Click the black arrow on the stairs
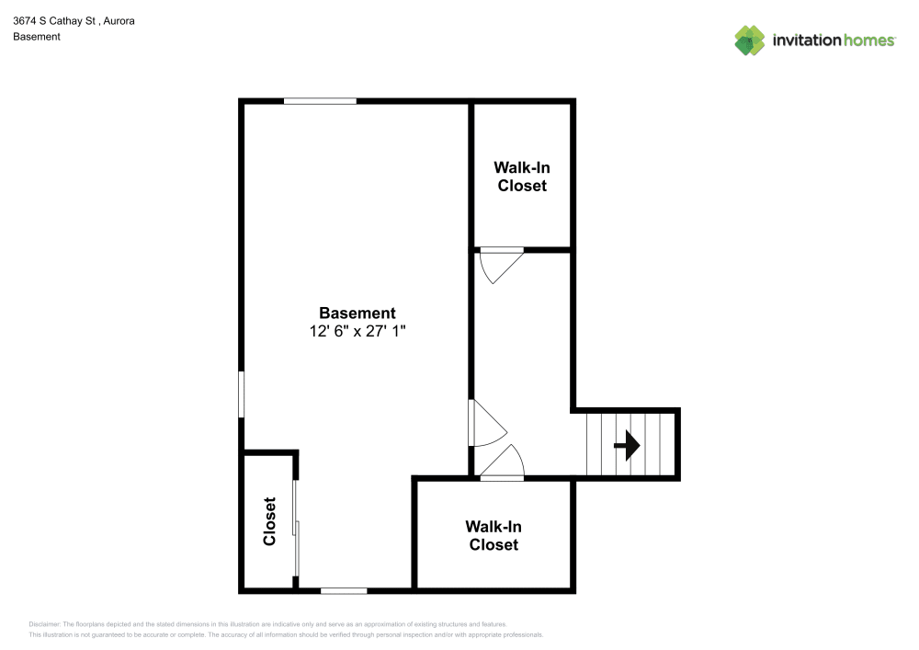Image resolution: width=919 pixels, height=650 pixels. point(627,446)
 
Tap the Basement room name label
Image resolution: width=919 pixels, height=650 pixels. point(357,313)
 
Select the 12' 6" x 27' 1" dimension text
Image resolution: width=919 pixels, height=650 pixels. point(357,331)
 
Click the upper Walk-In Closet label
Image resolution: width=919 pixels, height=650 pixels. point(522,177)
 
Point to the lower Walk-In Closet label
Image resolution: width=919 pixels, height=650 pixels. point(494,536)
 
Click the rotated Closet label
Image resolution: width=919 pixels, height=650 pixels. point(269,521)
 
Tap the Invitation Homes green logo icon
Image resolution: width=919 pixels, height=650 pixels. point(750,40)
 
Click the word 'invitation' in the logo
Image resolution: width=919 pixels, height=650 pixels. point(807,40)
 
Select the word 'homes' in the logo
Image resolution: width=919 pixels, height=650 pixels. point(869,40)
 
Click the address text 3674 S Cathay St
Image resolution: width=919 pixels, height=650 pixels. point(54,20)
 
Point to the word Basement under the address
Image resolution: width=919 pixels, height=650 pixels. point(37,37)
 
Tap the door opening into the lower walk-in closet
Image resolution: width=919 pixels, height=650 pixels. point(503,462)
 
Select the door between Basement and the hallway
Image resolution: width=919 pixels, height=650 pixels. point(487,423)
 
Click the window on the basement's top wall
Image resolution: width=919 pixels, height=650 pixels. point(320,101)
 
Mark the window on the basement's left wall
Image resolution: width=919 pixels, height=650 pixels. point(241,394)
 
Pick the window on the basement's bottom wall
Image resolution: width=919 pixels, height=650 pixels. point(344,591)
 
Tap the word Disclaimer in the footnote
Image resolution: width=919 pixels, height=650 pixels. point(44,624)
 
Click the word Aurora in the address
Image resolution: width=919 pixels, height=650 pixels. point(119,20)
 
